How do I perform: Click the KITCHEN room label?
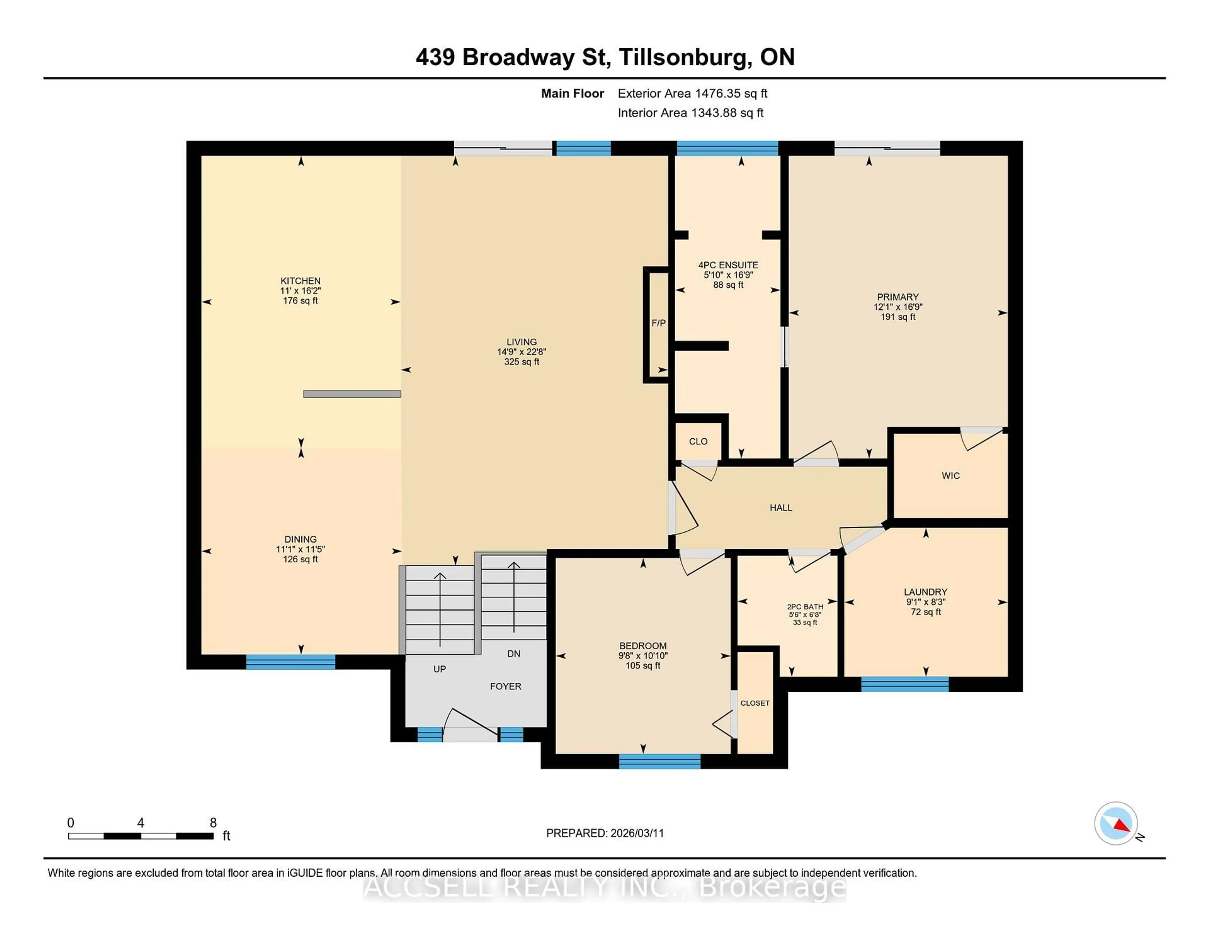300,280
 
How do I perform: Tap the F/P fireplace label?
658,323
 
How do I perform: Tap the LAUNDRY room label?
925,592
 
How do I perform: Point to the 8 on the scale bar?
213,823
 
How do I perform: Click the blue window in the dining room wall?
291,662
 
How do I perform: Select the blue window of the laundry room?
905,684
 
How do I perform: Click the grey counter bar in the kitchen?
352,394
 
